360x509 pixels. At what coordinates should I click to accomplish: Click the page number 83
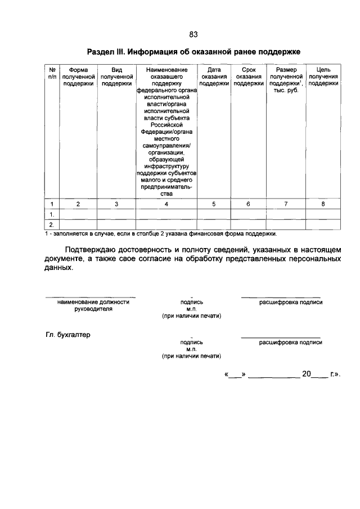pyautogui.click(x=193, y=34)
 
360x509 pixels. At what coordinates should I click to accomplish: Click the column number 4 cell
pyautogui.click(x=166, y=204)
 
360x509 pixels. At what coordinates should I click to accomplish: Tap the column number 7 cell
pyautogui.click(x=286, y=204)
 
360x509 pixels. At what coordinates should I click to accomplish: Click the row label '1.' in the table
pyautogui.click(x=52, y=214)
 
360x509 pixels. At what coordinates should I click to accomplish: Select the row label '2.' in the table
pyautogui.click(x=52, y=224)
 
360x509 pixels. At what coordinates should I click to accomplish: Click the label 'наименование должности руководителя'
pyautogui.click(x=90, y=305)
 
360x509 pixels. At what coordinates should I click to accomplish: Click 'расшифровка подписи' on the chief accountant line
pyautogui.click(x=290, y=342)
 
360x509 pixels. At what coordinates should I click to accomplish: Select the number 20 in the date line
pyautogui.click(x=307, y=373)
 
